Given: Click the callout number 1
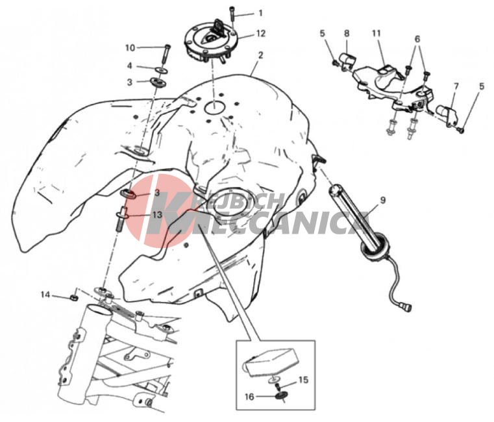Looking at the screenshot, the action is click(260, 13).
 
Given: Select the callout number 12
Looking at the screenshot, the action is click(261, 33).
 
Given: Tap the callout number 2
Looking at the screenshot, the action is click(260, 55).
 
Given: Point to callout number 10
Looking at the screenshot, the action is click(130, 48).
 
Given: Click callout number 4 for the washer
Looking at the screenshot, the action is click(129, 66).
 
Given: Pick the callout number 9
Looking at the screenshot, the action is click(383, 201).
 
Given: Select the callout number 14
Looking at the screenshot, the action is click(45, 295).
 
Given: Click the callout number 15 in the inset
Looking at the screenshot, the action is click(303, 380).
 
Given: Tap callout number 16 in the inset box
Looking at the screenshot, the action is click(249, 397).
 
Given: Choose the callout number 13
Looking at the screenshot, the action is click(157, 215).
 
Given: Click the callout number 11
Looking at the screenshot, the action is click(377, 33).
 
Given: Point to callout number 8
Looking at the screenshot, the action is click(347, 33).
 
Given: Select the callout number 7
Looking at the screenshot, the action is click(456, 86).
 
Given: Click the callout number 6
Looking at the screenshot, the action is click(417, 40).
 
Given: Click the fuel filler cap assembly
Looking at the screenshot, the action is click(212, 40).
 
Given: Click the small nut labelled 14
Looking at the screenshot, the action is click(74, 297).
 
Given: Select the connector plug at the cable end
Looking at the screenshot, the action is click(406, 306).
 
